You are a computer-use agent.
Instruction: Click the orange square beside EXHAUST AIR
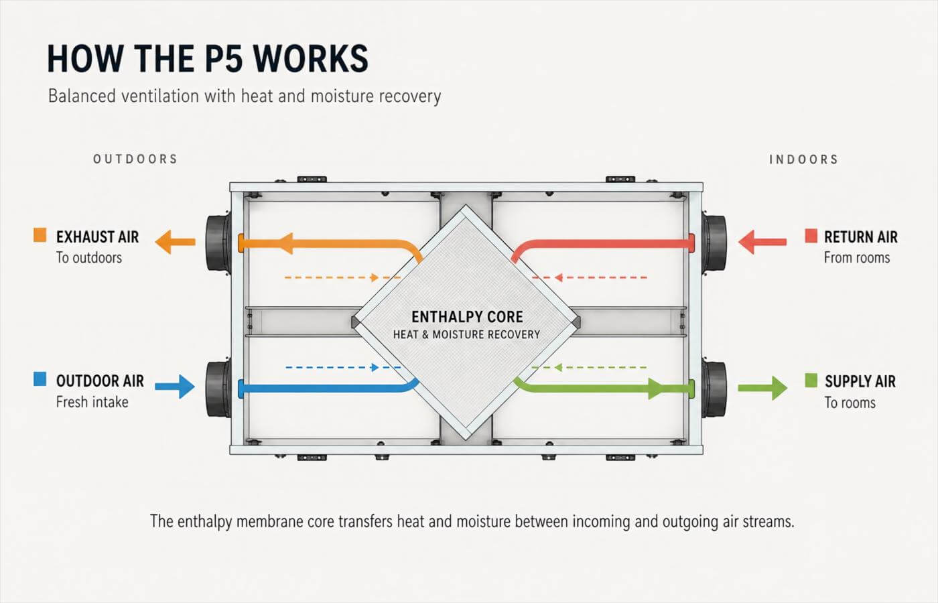(x=40, y=235)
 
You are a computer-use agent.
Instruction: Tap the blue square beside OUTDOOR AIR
(x=40, y=379)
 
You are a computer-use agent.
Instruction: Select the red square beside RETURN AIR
(x=811, y=235)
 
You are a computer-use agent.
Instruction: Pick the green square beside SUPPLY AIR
(x=811, y=381)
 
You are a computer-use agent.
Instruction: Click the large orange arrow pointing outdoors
(x=175, y=242)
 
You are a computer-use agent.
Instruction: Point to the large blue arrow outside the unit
(x=175, y=387)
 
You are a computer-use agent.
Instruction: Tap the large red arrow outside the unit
(x=762, y=242)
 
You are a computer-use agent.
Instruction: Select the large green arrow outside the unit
(x=762, y=388)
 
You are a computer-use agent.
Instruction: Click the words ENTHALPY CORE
(x=468, y=317)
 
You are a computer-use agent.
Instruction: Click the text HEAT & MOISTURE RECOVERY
(x=466, y=334)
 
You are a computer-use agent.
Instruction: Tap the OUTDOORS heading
(x=135, y=159)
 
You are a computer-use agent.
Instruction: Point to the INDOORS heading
(x=803, y=159)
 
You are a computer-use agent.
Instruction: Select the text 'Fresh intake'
(x=92, y=402)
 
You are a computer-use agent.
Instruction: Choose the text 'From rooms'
(x=857, y=257)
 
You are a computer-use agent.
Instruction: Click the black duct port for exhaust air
(x=218, y=243)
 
